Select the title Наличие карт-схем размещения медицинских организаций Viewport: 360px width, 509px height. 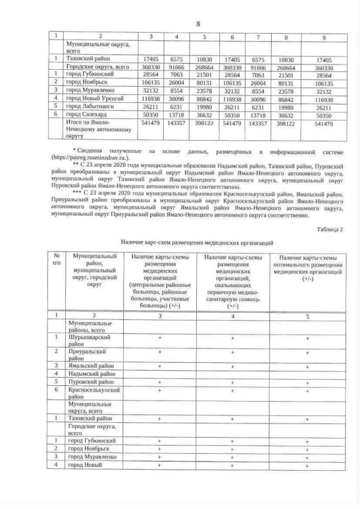197,242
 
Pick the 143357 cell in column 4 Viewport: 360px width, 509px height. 177,123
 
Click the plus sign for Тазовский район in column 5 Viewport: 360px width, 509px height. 307,419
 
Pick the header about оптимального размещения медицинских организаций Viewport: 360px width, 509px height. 307,267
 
